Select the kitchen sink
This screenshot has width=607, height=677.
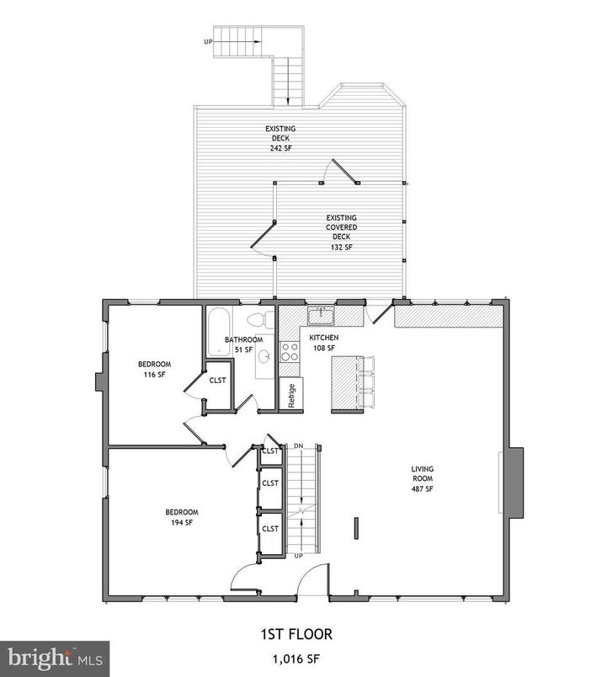click(321, 317)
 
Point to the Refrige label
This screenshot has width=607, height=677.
click(291, 395)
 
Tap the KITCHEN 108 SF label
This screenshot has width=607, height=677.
click(324, 342)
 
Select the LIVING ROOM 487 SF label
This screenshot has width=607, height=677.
click(422, 478)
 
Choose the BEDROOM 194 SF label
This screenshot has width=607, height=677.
click(181, 517)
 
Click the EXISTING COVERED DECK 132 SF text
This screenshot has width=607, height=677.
click(341, 232)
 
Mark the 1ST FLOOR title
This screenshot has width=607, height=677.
click(301, 633)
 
